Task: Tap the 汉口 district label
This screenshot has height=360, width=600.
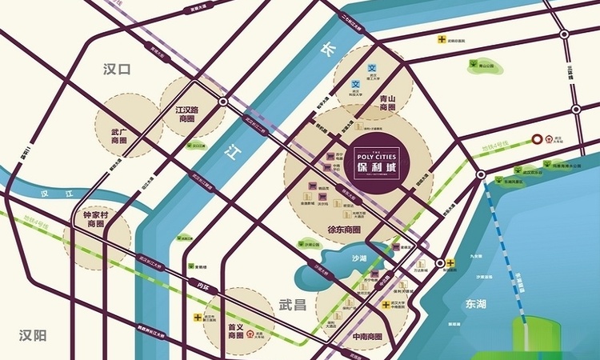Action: (x=116, y=70)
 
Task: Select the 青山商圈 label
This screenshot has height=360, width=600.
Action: (x=388, y=102)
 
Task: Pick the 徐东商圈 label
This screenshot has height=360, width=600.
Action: (x=345, y=230)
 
